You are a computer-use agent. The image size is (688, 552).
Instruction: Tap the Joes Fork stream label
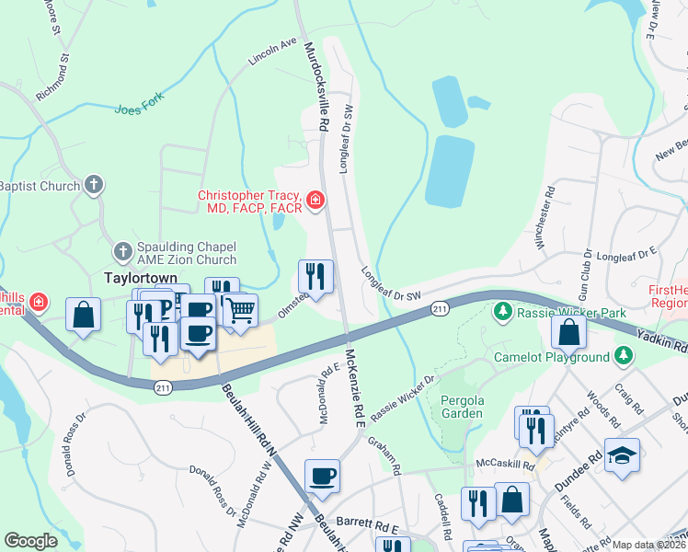tap(135, 109)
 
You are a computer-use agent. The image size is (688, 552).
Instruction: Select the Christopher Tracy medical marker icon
tap(315, 199)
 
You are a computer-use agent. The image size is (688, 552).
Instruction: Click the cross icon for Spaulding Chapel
tap(122, 251)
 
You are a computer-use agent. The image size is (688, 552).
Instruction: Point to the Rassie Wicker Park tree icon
tap(503, 312)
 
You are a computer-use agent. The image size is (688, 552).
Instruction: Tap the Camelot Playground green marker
tap(624, 355)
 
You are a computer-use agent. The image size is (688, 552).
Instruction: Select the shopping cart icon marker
tap(240, 312)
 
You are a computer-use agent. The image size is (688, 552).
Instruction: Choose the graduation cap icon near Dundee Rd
tap(622, 455)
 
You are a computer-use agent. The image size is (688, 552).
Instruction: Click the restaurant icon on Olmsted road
tap(315, 275)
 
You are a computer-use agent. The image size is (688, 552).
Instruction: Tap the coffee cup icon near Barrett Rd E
tap(322, 476)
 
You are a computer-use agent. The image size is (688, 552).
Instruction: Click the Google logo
tap(30, 541)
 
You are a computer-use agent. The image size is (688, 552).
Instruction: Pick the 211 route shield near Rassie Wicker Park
tap(440, 310)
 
